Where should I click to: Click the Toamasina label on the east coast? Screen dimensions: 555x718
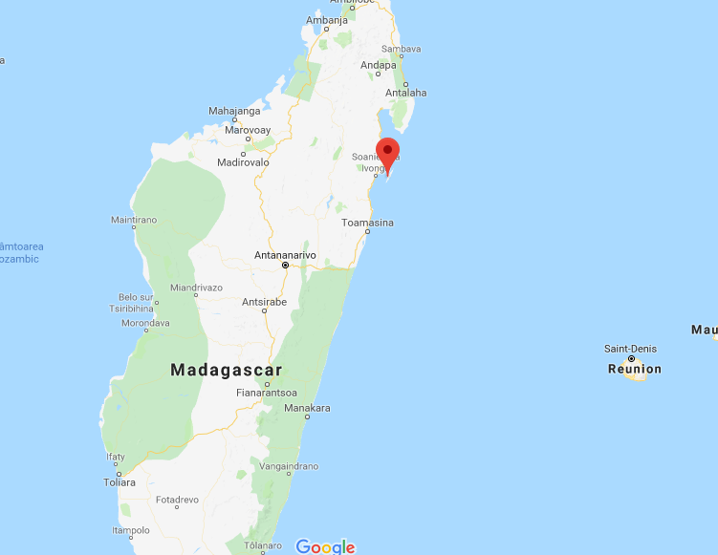368,223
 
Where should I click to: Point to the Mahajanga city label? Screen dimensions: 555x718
234,111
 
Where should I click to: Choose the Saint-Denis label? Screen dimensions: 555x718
631,349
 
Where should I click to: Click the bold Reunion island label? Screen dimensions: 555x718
634,369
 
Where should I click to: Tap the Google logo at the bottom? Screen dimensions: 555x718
325,546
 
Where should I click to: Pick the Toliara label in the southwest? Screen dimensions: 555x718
120,482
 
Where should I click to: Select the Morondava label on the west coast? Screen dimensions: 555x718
145,323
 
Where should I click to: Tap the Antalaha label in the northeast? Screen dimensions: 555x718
405,93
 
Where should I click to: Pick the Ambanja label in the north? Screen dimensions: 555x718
327,20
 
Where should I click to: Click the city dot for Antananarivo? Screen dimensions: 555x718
285,266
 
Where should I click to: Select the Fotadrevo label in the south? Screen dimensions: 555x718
177,500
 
